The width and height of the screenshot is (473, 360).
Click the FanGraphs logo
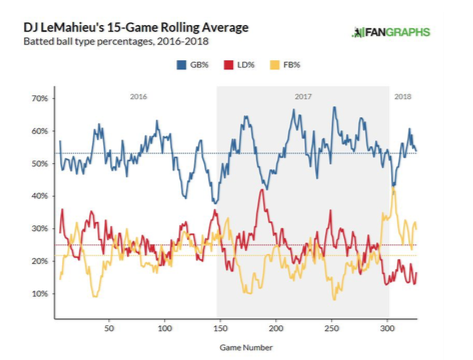391,32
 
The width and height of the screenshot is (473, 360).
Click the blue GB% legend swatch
181,65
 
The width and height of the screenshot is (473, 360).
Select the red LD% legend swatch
228,65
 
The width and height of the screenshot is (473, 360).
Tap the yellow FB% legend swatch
275,65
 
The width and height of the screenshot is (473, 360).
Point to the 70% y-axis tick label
40,98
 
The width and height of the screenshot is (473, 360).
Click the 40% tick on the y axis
40,196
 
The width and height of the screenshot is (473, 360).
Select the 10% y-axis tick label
40,294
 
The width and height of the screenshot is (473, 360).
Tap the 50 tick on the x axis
109,328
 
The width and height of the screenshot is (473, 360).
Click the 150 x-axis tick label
220,328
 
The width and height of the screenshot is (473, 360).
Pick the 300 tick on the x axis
387,328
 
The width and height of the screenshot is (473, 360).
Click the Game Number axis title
246,348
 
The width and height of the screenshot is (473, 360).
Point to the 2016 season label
138,97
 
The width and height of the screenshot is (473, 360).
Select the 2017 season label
303,97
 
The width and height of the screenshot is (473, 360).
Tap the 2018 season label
403,97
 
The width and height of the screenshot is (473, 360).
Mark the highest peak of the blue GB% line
334,107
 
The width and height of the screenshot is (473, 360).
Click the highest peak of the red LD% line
262,190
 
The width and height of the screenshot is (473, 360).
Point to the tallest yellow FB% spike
394,188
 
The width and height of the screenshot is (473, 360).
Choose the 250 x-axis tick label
332,328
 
